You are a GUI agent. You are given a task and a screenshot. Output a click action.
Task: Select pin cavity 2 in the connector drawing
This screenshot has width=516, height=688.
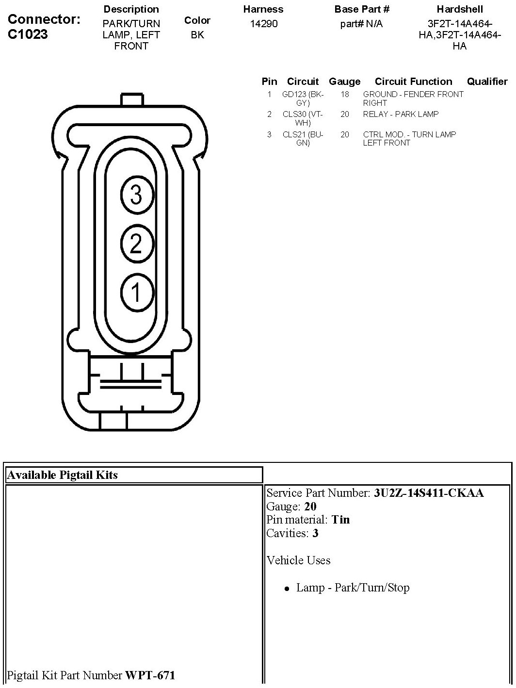coord(136,244)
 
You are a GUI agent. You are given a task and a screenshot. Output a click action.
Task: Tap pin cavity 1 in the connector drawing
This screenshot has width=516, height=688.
coord(136,293)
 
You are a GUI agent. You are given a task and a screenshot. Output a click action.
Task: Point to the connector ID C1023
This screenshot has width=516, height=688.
coord(28,34)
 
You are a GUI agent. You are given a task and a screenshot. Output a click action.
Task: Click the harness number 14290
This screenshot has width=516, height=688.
coord(263,24)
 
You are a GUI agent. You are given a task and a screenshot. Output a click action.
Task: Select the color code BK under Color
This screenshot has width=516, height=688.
coord(197,35)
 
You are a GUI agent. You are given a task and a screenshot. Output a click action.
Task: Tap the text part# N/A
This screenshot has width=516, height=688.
coord(361,24)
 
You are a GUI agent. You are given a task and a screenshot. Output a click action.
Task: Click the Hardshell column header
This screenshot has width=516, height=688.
coord(459,9)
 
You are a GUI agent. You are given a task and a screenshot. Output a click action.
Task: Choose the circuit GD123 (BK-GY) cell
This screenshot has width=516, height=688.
coord(303,98)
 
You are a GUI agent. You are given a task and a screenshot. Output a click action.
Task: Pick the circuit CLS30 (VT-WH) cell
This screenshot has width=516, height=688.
coord(303,118)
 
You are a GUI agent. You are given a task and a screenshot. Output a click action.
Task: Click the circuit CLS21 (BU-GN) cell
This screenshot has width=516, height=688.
coord(303,139)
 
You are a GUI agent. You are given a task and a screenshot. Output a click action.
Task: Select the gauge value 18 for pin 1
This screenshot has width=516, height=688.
coord(344,95)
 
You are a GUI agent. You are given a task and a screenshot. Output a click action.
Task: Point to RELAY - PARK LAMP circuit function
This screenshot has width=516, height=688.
coord(401,115)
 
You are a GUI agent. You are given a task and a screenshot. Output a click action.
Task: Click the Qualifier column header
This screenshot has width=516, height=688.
coord(487,82)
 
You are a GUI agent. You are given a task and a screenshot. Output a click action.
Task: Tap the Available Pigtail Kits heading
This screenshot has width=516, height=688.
coord(62,475)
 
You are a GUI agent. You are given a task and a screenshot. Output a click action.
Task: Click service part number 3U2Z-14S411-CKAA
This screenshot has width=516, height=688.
coord(429,493)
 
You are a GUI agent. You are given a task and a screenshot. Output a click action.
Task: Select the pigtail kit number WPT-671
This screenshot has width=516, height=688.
coord(150,675)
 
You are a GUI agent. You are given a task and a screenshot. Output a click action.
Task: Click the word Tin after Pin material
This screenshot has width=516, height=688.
coord(340,520)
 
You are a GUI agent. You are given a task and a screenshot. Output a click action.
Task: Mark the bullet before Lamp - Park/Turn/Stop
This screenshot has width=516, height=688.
coord(287,589)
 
